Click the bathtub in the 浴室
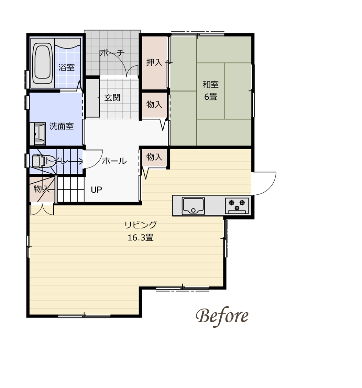coord(43,64)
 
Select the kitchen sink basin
coord(193,206)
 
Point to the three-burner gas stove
coord(237,206)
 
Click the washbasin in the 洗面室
coord(38,134)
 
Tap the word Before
coord(222,317)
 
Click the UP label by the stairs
coord(97,190)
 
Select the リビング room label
coord(141,225)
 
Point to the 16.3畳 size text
coord(141,238)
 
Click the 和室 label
coord(211,84)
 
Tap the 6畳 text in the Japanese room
coord(211,97)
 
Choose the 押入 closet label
coord(154,62)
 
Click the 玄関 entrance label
coord(112,97)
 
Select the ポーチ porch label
coord(112,53)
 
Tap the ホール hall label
coord(114,161)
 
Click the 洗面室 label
coord(61,126)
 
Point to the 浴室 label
coord(66,67)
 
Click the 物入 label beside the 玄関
coord(154,105)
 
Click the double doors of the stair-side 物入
coord(42,209)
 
